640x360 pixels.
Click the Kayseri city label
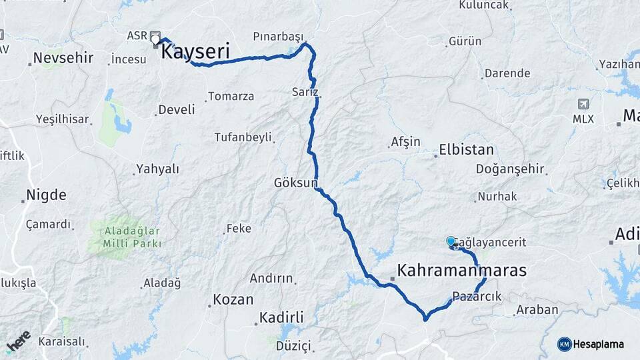coord(197,51)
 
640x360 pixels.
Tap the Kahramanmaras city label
coord(462,271)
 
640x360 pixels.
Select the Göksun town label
coord(295,183)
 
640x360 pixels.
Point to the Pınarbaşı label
coord(278,36)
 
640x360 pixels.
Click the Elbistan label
coord(467,150)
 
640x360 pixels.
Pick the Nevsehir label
coord(63,57)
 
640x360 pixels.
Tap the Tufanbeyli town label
coord(243,137)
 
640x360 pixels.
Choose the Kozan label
coord(233,299)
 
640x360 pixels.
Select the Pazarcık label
coord(476,296)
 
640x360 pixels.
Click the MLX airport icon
coord(584,104)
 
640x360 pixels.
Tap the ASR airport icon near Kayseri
coord(155,35)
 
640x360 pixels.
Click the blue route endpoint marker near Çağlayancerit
coord(451,242)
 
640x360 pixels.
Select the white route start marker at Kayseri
coord(156,41)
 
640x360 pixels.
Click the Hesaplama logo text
coord(598,344)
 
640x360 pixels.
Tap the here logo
coord(18,341)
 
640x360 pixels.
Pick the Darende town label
coord(507,73)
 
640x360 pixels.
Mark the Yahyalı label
coord(157,169)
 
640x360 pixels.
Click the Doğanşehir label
coord(510,169)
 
